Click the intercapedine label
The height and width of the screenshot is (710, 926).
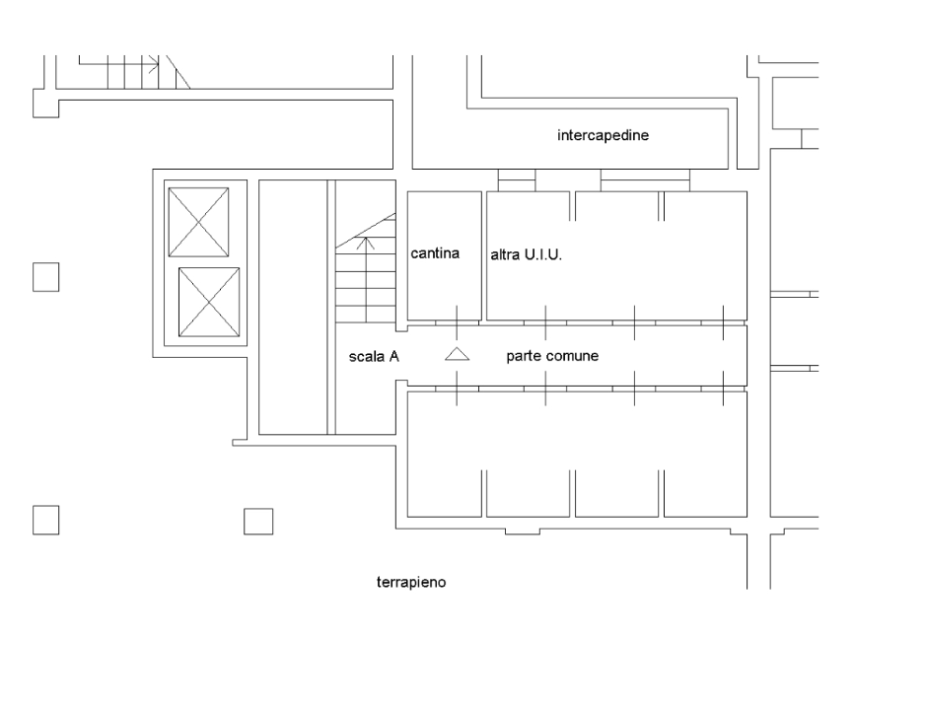tap(603, 136)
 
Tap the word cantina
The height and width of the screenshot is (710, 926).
tap(436, 254)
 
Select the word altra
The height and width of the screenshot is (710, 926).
tap(505, 254)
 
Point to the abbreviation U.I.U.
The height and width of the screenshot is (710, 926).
tap(542, 254)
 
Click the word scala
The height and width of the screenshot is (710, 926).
tap(366, 356)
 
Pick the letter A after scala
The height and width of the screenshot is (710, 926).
tap(393, 356)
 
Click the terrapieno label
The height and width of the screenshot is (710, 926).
tap(411, 582)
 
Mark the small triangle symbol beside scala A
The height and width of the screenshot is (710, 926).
tap(456, 355)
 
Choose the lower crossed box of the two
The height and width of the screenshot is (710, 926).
tap(208, 301)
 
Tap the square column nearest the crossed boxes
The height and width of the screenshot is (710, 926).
tap(45, 277)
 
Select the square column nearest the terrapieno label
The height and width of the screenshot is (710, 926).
tap(258, 521)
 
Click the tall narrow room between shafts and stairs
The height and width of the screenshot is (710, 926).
tap(292, 307)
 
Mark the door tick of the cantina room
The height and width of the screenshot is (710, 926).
tap(457, 321)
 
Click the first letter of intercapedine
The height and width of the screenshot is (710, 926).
tap(559, 136)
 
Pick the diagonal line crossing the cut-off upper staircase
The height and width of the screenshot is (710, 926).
tap(178, 73)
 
